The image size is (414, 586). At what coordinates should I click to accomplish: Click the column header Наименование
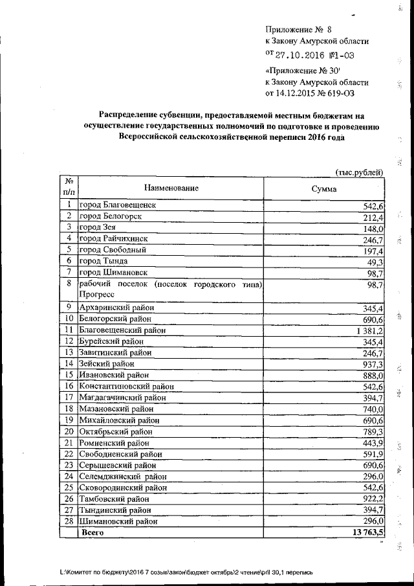click(171, 188)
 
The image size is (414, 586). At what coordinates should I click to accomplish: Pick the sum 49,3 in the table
click(376, 261)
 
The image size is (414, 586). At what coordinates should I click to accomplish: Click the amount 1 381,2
click(369, 330)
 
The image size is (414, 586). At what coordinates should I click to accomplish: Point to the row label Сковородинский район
click(120, 488)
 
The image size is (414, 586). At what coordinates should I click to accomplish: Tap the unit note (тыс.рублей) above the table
click(360, 171)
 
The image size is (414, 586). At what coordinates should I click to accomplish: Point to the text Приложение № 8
click(298, 29)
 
